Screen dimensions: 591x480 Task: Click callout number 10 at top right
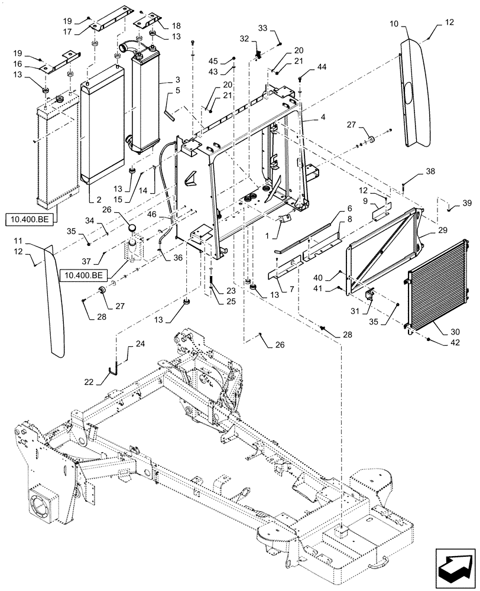pyautogui.click(x=394, y=24)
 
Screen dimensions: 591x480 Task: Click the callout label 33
pyautogui.click(x=262, y=28)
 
